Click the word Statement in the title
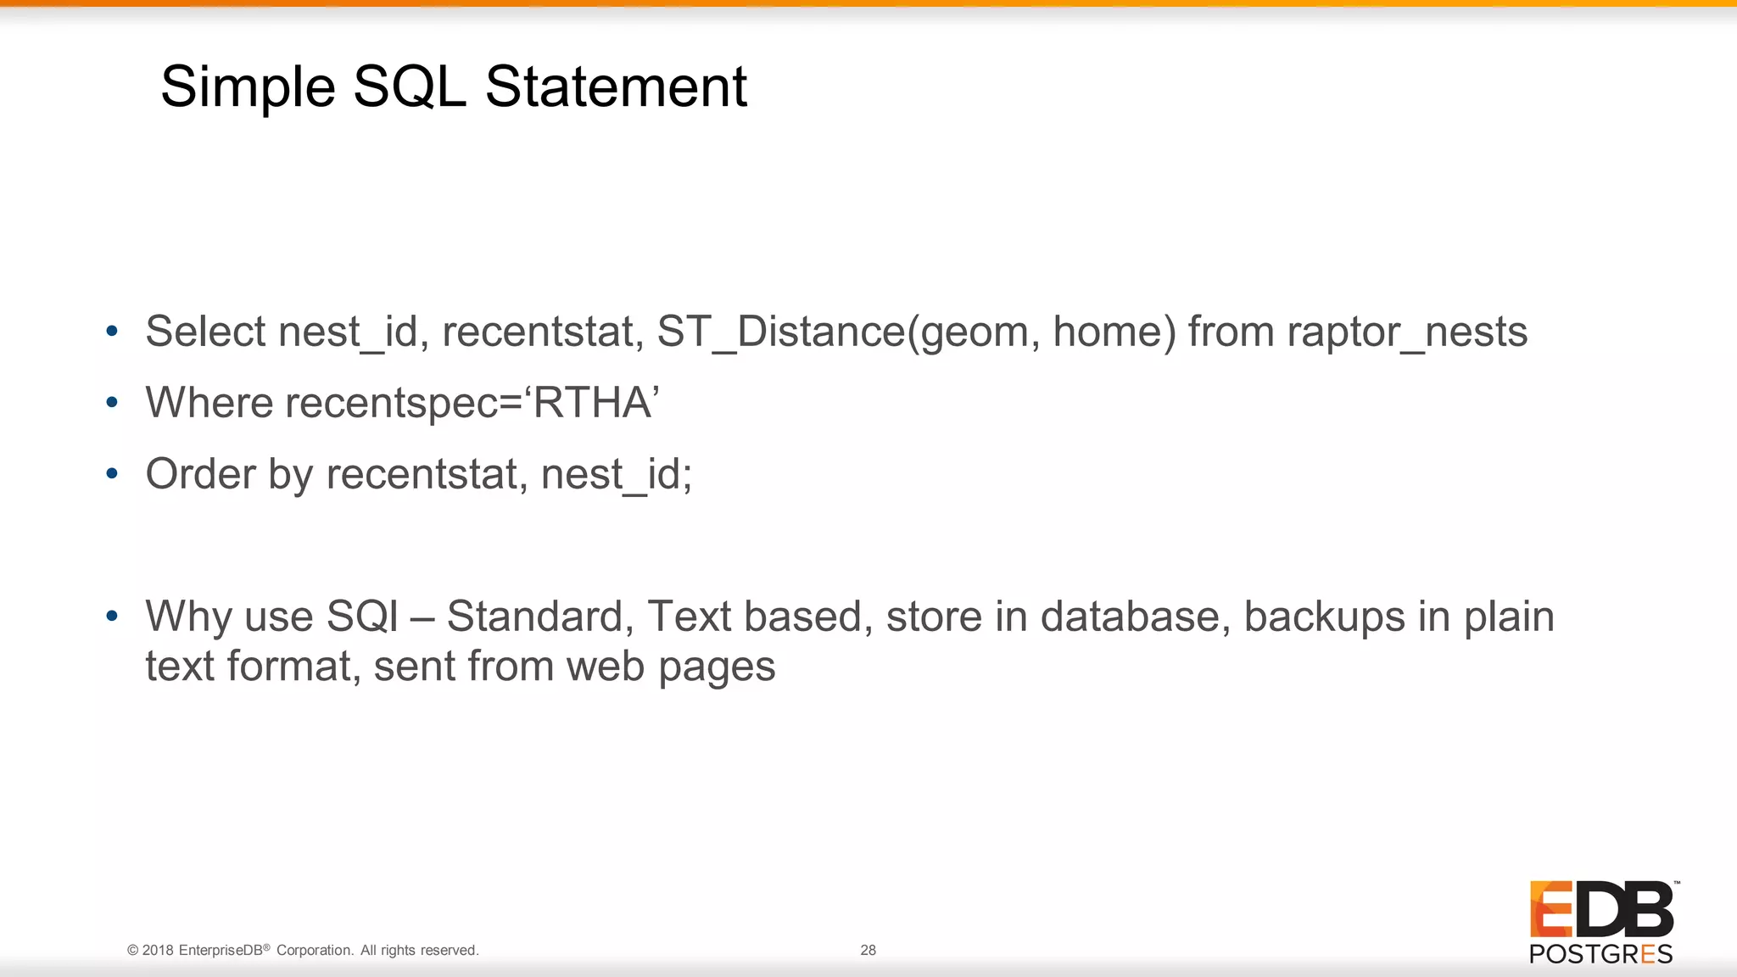[616, 87]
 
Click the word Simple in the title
[248, 88]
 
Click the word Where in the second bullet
[209, 403]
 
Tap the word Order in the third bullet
[200, 474]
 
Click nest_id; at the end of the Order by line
[617, 474]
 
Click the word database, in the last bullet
[1136, 617]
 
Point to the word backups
[1324, 617]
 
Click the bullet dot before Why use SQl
[112, 616]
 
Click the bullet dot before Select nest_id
[112, 331]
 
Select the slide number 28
[868, 950]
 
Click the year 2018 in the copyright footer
[158, 950]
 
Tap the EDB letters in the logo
[1601, 909]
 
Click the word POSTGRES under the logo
[1600, 954]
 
